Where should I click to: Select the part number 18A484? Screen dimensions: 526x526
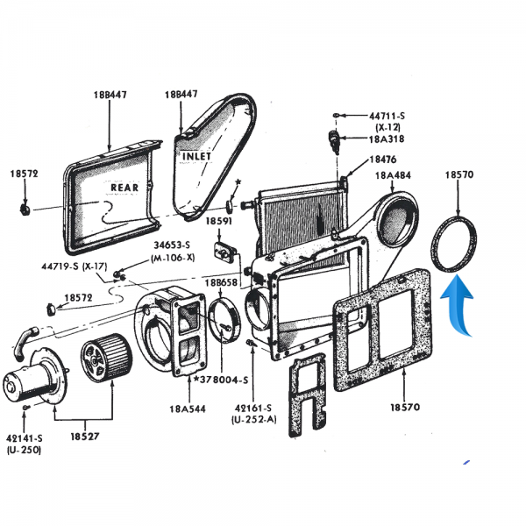click(x=394, y=176)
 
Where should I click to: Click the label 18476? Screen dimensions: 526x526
click(x=383, y=160)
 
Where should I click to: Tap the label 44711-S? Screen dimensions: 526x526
click(x=386, y=115)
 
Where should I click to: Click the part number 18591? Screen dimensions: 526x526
click(x=219, y=223)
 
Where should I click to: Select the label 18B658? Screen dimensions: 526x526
click(x=222, y=284)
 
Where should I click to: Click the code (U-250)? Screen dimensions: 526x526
click(x=23, y=450)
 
